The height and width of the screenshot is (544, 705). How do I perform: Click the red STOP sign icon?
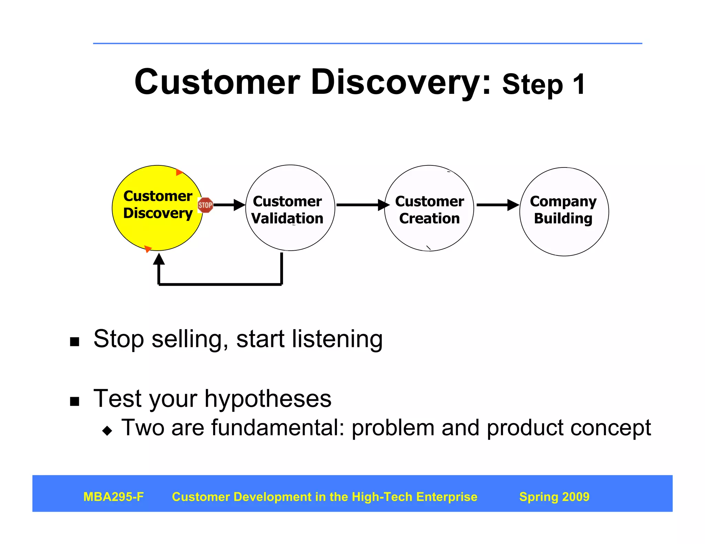(x=205, y=205)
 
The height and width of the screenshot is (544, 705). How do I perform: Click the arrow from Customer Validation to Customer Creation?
(x=361, y=205)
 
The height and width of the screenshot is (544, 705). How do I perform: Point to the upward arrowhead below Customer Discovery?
(x=159, y=259)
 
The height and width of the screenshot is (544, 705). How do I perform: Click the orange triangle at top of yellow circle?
(x=179, y=172)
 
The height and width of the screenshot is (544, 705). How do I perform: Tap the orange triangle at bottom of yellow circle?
(x=148, y=249)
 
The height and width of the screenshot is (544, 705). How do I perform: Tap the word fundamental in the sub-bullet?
(x=277, y=428)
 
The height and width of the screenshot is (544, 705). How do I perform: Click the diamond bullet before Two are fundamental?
(x=107, y=431)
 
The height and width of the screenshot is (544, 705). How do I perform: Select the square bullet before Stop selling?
(x=74, y=341)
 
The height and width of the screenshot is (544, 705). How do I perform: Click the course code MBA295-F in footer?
(x=114, y=497)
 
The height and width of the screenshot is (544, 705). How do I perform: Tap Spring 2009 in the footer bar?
(x=554, y=497)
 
